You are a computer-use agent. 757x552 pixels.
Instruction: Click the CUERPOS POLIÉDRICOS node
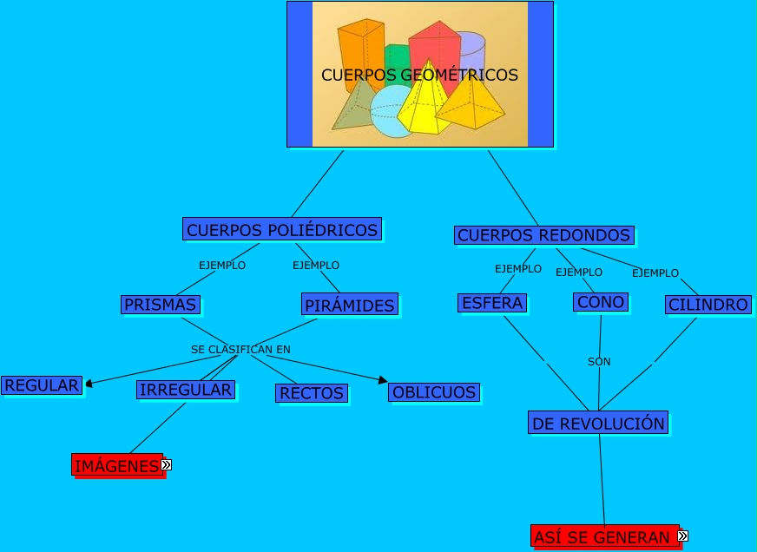click(282, 229)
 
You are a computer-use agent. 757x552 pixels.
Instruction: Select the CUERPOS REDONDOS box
click(543, 235)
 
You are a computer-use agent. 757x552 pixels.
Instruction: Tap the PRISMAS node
click(161, 304)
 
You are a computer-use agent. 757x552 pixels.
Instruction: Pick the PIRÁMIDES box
click(350, 305)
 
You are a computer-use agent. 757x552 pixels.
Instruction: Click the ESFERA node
click(492, 303)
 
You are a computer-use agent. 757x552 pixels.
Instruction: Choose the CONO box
click(601, 302)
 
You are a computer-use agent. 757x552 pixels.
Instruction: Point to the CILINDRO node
click(708, 305)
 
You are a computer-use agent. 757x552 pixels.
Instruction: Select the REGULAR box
click(42, 384)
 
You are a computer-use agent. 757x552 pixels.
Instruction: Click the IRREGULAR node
click(186, 390)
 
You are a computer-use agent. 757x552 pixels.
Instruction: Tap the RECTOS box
click(312, 393)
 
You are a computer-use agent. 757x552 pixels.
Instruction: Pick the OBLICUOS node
click(434, 392)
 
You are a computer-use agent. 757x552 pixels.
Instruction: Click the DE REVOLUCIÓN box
click(598, 424)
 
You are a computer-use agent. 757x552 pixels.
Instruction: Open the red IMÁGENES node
click(116, 466)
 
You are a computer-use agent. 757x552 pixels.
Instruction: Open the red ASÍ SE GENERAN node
click(602, 537)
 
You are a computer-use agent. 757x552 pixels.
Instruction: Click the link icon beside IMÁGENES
click(166, 465)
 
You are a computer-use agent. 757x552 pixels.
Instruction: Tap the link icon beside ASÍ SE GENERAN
click(682, 536)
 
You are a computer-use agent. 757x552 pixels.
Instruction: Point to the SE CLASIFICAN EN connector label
click(240, 349)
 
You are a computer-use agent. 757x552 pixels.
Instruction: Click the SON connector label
click(599, 361)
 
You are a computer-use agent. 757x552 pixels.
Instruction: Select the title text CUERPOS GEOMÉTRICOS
click(419, 75)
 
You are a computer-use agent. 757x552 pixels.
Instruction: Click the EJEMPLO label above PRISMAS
click(222, 266)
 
